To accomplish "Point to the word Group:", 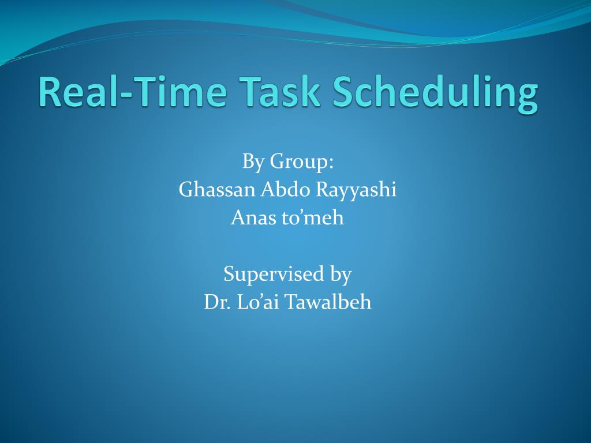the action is (x=302, y=162).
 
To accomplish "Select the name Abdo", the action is (x=285, y=189).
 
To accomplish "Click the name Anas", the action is (x=253, y=217).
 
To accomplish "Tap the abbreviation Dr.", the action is (x=218, y=302).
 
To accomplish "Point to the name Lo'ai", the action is (x=258, y=302).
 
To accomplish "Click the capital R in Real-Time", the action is (x=50, y=92).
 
